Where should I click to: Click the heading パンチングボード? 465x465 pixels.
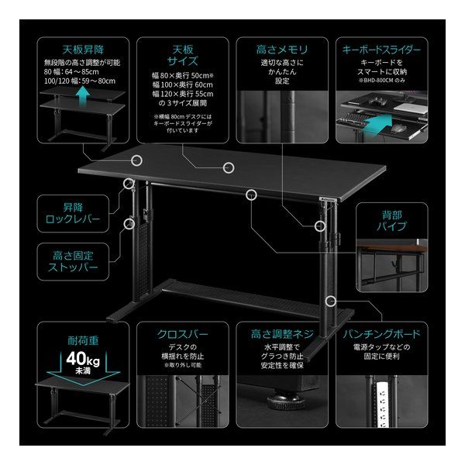[x=382, y=336]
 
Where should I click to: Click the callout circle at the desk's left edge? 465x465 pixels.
[x=137, y=160]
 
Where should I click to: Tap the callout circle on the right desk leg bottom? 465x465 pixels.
[x=332, y=300]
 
